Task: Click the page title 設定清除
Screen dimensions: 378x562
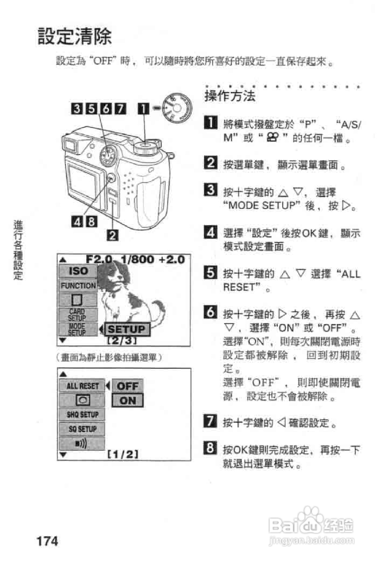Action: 74,36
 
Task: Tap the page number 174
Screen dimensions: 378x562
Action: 47,541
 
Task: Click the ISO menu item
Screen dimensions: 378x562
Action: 78,271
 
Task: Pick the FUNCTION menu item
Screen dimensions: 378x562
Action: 78,286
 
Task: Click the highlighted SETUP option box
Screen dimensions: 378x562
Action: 127,329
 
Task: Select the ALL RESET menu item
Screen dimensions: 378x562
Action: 82,386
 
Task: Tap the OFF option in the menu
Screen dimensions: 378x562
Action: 127,386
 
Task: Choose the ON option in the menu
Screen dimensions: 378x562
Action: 127,400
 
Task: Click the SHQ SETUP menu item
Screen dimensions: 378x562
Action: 82,414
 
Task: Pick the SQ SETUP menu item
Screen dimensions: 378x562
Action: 82,429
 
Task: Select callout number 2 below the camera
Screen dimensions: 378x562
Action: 113,235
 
